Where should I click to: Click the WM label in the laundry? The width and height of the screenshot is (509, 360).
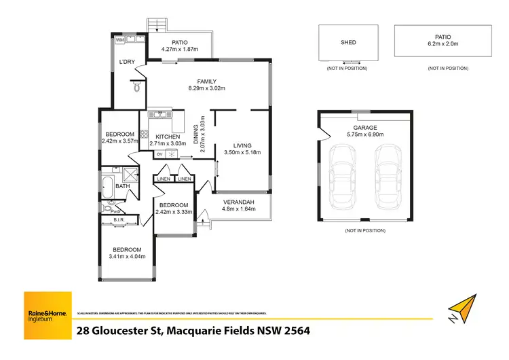[120, 41]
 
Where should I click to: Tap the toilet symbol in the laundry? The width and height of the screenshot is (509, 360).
[136, 86]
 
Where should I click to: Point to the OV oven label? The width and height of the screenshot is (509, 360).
[159, 154]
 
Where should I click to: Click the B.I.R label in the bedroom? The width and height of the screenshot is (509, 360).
[118, 219]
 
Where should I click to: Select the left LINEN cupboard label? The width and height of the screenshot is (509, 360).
[163, 179]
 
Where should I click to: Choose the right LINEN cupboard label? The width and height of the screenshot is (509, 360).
[185, 179]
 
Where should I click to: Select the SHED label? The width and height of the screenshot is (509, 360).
[347, 42]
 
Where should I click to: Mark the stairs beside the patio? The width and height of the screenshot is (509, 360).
[157, 25]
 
